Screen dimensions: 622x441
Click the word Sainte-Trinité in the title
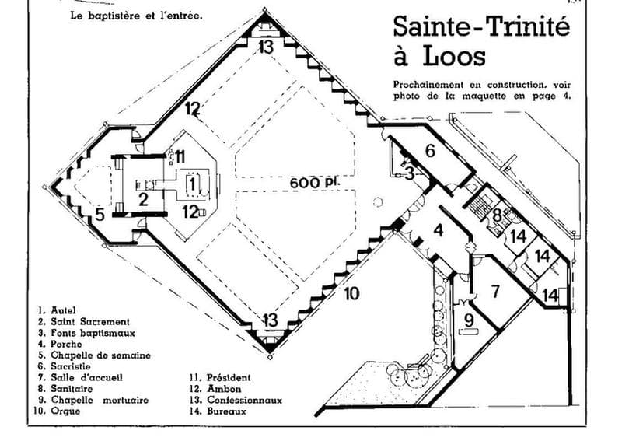click(x=481, y=26)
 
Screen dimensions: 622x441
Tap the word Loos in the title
click(x=454, y=56)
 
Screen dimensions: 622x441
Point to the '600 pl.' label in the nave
click(x=316, y=183)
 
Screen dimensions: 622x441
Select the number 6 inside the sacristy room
click(x=430, y=151)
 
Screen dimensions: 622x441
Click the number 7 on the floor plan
click(x=495, y=292)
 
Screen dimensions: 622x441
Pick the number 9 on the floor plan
click(x=469, y=320)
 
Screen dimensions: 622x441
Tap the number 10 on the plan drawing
click(x=351, y=294)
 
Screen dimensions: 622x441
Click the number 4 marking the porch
click(x=438, y=230)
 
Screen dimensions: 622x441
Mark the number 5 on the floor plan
click(x=100, y=215)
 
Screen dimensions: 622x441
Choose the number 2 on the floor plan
click(x=143, y=199)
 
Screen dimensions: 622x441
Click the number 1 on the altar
click(x=192, y=184)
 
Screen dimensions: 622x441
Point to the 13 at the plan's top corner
click(x=266, y=47)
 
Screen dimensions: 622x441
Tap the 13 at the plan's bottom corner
click(x=270, y=320)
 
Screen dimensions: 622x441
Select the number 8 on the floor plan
click(x=498, y=216)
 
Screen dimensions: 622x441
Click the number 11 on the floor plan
click(x=180, y=156)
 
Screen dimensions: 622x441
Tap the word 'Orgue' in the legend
click(x=65, y=411)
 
